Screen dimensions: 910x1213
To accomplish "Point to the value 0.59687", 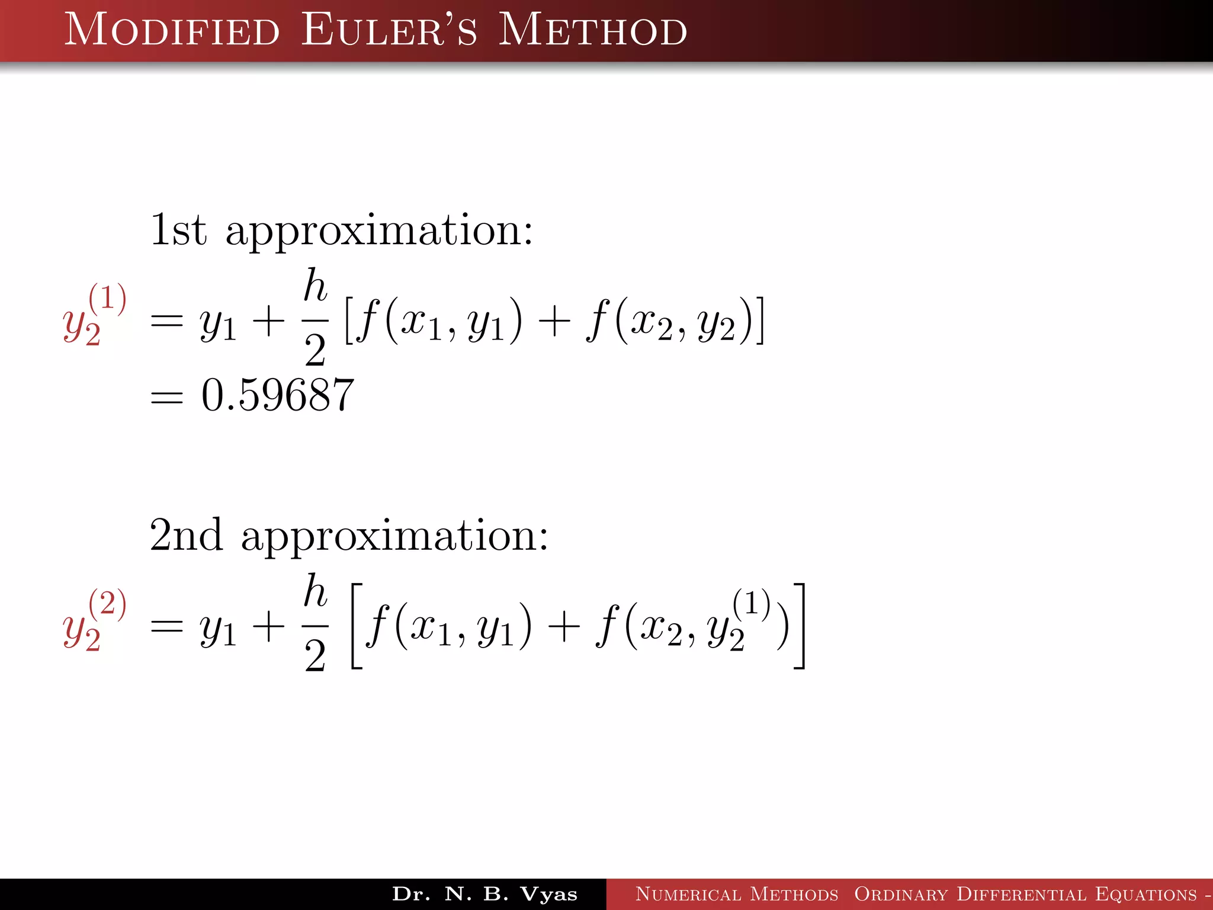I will [278, 395].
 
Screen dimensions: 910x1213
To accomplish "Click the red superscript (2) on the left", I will [107, 604].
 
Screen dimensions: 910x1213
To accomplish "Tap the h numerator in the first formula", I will [315, 286].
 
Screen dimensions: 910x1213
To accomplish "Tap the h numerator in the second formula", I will [315, 591].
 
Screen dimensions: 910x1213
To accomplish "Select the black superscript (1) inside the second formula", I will [751, 603].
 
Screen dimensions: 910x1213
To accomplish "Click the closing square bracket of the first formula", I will [759, 321].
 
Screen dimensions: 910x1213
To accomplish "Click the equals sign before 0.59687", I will [167, 396].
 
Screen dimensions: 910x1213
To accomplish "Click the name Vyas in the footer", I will [548, 894].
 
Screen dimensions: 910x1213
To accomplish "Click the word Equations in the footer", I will [1145, 894].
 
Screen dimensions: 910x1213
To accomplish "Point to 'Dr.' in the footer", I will [411, 894].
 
